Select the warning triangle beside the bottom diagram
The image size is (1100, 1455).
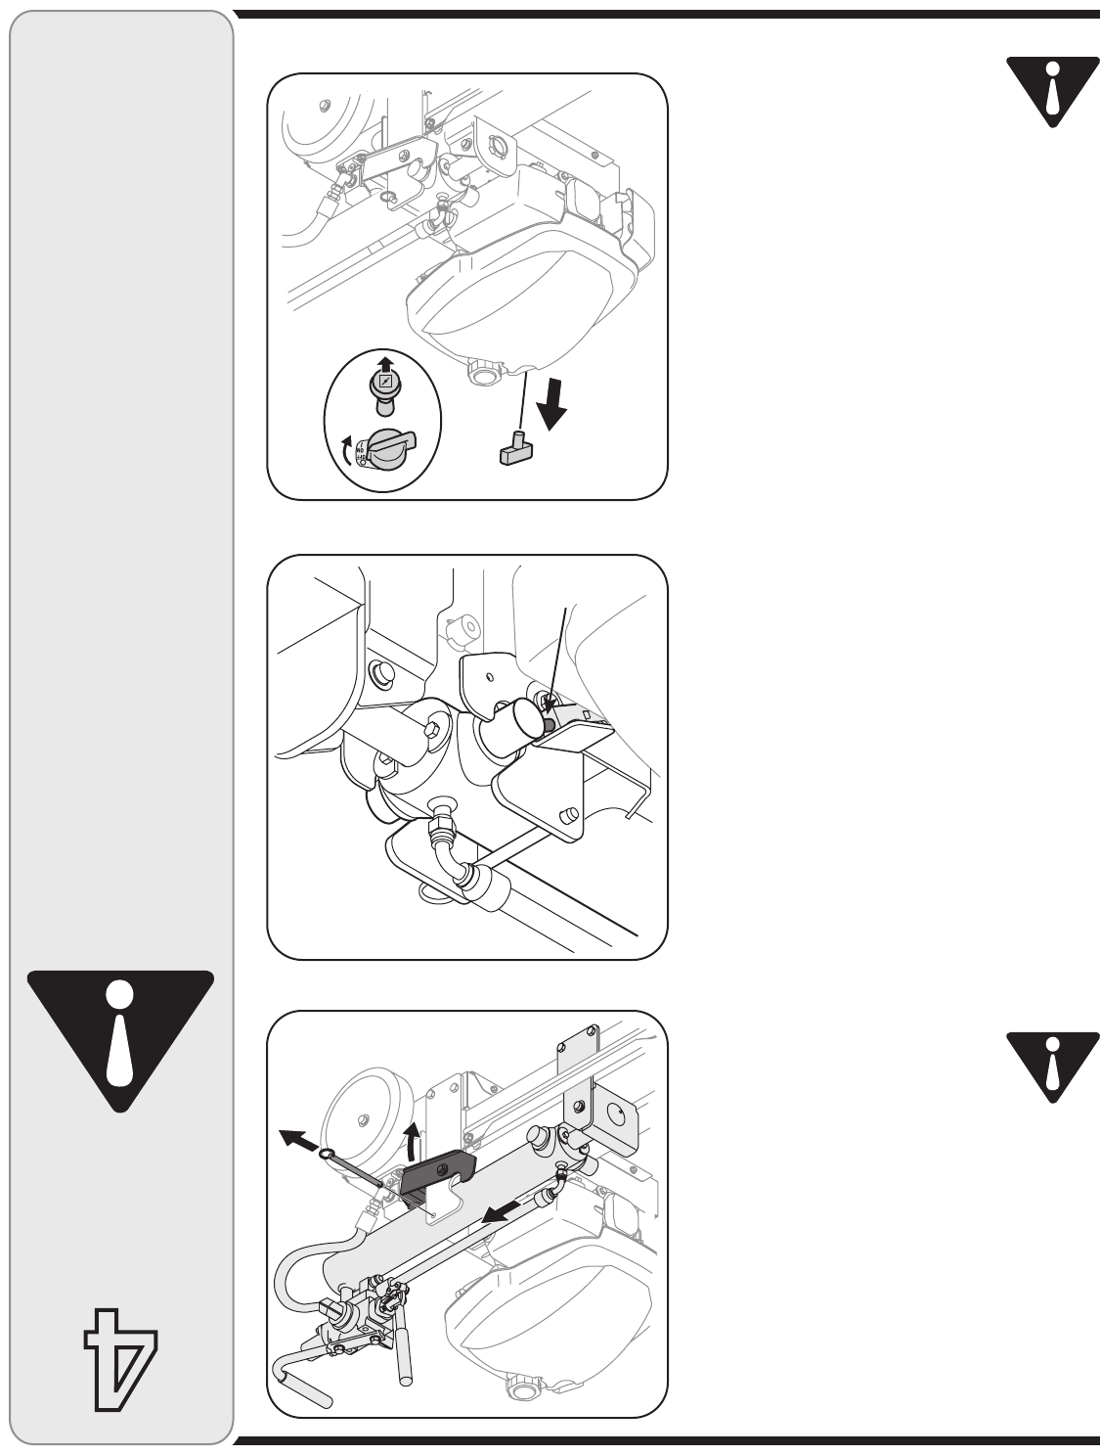[1050, 1065]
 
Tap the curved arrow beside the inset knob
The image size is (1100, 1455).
[344, 452]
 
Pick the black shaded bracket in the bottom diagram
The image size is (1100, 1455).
[437, 1170]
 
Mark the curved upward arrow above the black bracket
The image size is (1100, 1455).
[413, 1137]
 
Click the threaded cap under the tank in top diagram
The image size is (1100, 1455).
[483, 373]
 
